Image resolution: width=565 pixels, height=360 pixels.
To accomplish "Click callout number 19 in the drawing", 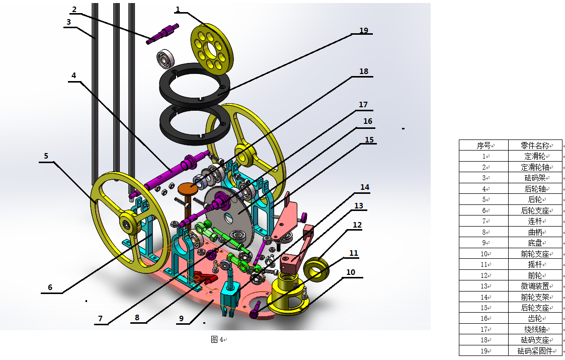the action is click(364, 30).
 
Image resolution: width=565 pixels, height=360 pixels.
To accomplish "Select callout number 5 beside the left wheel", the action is click(46, 156).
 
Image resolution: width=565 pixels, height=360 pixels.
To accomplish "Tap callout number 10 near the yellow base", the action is click(351, 272).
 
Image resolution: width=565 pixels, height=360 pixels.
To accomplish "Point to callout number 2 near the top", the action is click(74, 10).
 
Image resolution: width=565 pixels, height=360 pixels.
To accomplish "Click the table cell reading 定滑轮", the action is click(535, 156).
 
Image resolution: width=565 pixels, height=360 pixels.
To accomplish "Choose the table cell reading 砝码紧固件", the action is click(535, 350).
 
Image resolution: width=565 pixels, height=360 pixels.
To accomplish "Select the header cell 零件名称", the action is click(535, 146).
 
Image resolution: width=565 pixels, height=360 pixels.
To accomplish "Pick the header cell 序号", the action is click(483, 146).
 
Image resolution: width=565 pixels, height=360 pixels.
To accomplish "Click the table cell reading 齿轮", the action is click(535, 318).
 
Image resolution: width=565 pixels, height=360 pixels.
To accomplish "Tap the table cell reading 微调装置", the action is click(535, 286).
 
